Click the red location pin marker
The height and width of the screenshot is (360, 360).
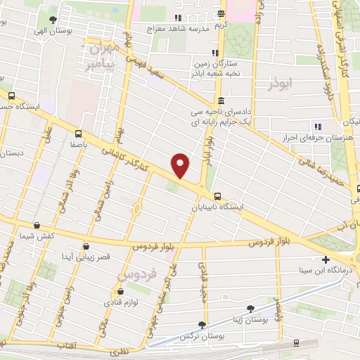click(x=181, y=165)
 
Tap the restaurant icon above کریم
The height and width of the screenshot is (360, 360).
click(x=221, y=14)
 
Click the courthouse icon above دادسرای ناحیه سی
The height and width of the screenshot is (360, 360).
click(x=221, y=100)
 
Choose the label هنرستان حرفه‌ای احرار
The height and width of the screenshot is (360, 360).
click(x=318, y=139)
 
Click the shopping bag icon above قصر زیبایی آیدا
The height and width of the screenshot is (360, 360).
click(x=86, y=246)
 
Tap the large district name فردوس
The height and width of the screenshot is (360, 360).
click(x=136, y=269)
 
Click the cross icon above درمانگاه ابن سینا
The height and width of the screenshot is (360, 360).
click(x=325, y=259)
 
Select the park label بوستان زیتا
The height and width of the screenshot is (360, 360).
click(x=247, y=319)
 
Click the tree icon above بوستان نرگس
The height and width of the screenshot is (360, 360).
click(x=202, y=325)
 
